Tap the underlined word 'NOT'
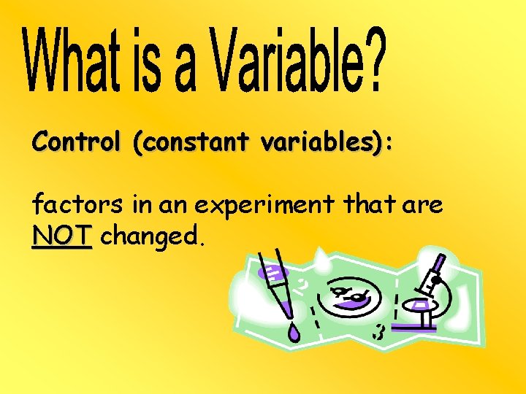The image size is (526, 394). pos(62,236)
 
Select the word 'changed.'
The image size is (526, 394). pos(154,236)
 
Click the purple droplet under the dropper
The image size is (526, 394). pos(293,333)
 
